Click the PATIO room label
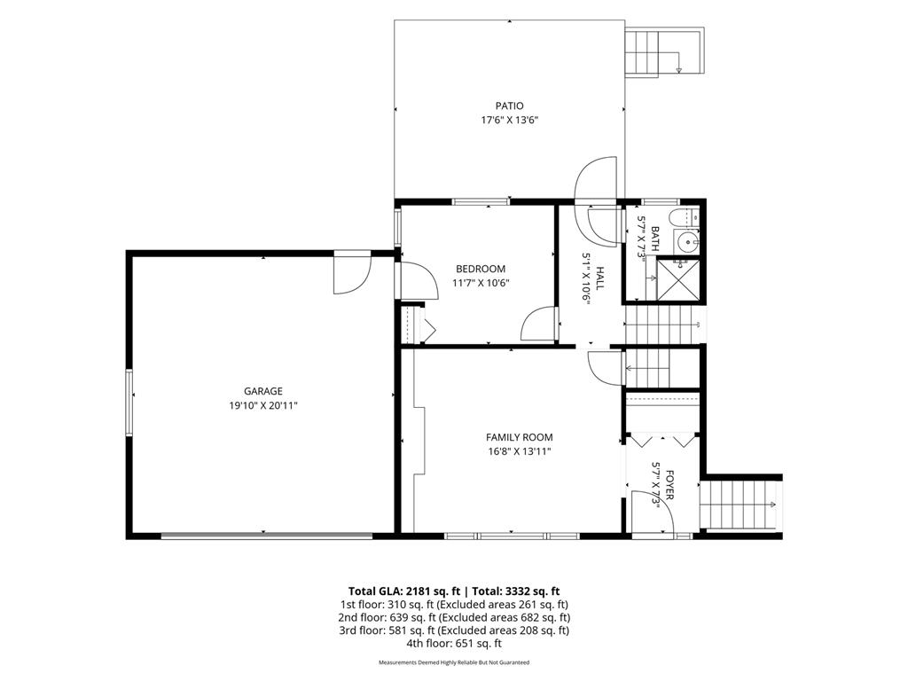coord(510,106)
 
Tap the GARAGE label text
coord(262,391)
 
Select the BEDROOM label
coord(481,269)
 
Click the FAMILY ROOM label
coord(519,438)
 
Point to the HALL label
coord(600,278)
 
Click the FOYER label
coord(669,485)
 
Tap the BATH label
coord(655,239)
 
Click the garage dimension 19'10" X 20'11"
coord(262,406)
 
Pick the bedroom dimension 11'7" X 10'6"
coord(481,283)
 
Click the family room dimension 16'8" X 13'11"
coord(519,451)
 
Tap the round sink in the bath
coord(687,241)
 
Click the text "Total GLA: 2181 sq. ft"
coord(404,591)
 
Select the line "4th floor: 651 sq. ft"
coord(454,644)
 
